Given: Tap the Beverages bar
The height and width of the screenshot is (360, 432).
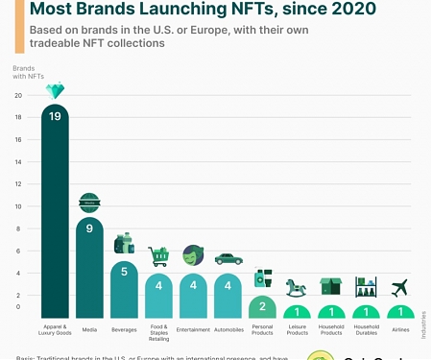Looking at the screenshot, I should click(124, 289).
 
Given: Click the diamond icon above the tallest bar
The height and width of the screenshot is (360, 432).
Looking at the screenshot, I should click(55, 91).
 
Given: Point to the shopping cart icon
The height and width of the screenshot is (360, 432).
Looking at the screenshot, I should click(158, 256).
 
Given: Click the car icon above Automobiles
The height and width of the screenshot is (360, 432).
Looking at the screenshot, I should click(228, 258).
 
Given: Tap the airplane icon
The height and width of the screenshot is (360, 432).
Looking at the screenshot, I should click(400, 286).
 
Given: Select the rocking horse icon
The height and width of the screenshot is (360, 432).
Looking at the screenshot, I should click(297, 286).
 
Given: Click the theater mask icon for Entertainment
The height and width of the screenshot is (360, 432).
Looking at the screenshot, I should click(193, 255).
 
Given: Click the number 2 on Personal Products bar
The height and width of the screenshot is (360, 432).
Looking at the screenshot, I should click(262, 307).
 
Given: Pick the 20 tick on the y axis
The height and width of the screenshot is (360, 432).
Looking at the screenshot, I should click(18, 96).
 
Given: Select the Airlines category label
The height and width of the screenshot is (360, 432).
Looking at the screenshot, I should click(400, 329).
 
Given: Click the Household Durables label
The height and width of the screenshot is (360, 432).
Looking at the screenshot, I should click(366, 332).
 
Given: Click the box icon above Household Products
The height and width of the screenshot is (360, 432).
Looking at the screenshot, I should click(331, 286).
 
